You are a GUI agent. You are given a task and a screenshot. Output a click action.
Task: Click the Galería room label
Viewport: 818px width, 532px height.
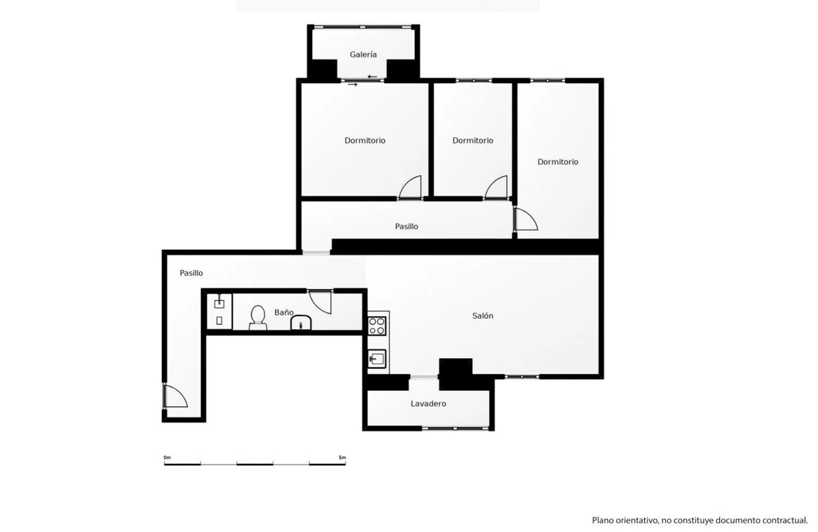point(363,55)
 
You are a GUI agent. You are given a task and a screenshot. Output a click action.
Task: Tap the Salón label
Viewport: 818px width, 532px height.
point(483,316)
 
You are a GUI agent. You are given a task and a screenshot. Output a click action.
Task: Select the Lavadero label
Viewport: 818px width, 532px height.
point(428,403)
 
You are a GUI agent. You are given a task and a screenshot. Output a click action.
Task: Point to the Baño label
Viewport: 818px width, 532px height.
point(284,312)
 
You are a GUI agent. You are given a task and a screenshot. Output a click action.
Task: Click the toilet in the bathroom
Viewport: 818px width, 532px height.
point(258,317)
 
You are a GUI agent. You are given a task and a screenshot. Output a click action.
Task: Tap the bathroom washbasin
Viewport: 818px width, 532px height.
point(300,323)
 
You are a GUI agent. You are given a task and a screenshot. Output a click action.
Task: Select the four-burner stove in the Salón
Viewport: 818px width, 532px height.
point(377,326)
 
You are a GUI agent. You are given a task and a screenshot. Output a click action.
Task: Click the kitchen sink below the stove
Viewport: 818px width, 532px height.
point(377,359)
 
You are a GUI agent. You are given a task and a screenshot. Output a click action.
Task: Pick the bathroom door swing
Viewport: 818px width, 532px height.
point(320,301)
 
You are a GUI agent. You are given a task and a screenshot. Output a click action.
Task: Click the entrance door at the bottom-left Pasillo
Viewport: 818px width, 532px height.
point(175,395)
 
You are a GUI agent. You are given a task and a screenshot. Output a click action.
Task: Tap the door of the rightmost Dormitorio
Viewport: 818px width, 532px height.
point(526,219)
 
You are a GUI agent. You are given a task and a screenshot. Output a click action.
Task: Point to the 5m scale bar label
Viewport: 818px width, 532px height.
point(342,457)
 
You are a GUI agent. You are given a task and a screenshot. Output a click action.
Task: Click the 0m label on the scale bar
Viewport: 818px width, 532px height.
point(167,457)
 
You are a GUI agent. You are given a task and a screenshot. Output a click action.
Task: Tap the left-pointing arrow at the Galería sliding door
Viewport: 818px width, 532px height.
point(372,77)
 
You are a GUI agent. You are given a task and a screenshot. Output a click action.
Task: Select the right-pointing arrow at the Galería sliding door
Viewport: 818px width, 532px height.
point(352,84)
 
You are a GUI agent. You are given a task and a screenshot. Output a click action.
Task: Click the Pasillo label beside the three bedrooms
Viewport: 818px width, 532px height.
point(406,226)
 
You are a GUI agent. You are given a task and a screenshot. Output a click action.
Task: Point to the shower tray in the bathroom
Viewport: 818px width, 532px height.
point(219,311)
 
